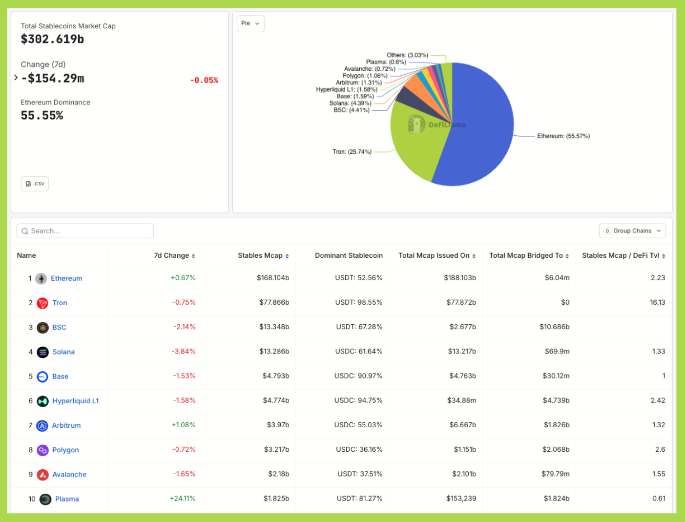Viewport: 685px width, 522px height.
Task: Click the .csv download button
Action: click(x=35, y=184)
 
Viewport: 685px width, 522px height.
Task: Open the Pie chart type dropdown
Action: click(x=250, y=23)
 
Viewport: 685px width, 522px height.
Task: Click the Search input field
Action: click(x=85, y=231)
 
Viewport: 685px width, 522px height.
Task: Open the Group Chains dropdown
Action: click(x=632, y=231)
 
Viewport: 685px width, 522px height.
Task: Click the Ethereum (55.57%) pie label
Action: click(x=563, y=136)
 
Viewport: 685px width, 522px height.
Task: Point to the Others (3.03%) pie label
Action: click(x=407, y=55)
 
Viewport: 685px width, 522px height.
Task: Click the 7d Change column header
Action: click(x=171, y=255)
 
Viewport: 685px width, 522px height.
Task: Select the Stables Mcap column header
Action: click(x=260, y=255)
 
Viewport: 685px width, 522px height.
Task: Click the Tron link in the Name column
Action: click(x=60, y=303)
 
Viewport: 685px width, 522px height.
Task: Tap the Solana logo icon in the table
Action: click(x=43, y=352)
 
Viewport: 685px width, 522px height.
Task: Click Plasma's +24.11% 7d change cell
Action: click(x=183, y=499)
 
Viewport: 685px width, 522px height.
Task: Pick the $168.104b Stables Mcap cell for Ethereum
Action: click(x=273, y=278)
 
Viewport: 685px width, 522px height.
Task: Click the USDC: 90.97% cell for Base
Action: click(x=358, y=376)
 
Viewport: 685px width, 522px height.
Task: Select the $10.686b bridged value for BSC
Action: click(x=554, y=327)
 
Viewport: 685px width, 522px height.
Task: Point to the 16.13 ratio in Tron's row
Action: click(x=657, y=302)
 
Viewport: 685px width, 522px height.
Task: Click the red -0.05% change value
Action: click(x=204, y=81)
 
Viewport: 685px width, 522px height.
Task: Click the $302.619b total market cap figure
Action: click(x=52, y=39)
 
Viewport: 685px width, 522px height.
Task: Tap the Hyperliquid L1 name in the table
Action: click(x=75, y=401)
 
